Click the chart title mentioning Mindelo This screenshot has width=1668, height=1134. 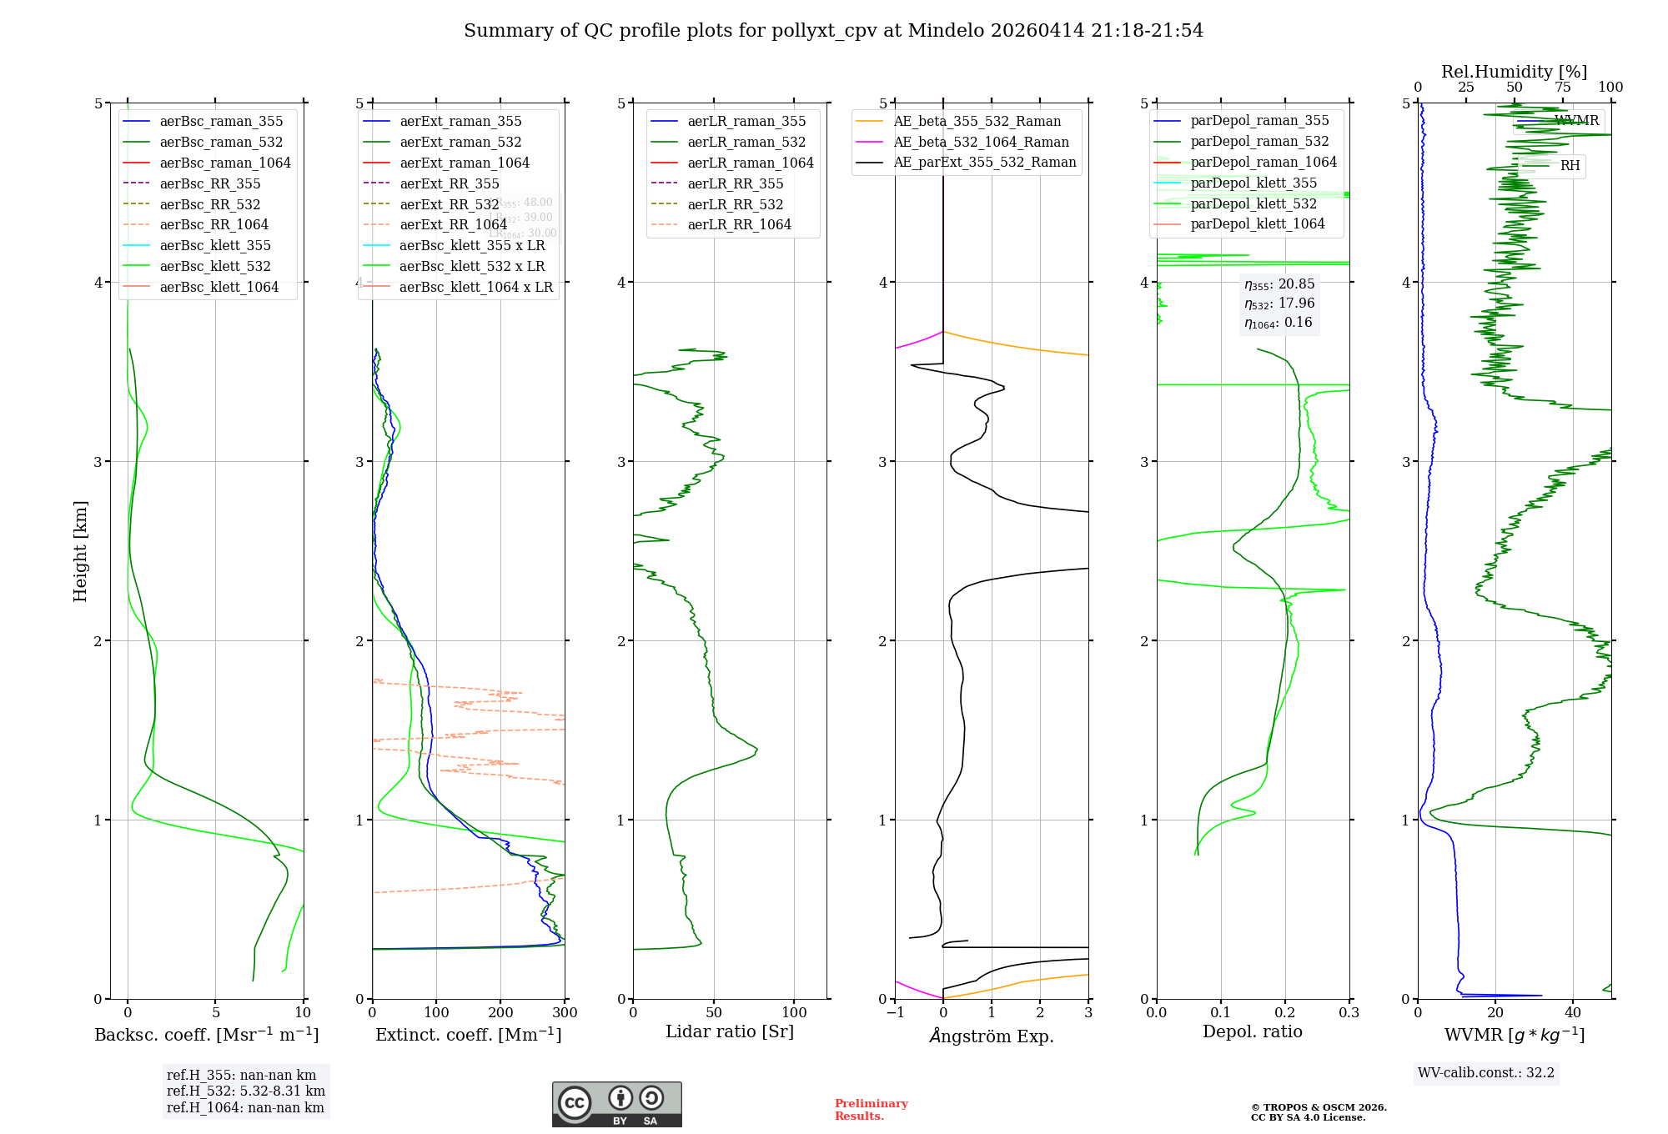pos(833,31)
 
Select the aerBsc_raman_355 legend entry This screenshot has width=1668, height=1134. pos(221,122)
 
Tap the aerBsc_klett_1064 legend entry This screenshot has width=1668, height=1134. pos(219,288)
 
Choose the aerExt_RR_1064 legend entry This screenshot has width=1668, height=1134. pos(453,225)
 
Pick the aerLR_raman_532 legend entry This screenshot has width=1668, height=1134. pos(746,143)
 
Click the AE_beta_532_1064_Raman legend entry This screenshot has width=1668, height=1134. pos(981,143)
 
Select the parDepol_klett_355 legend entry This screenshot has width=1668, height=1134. pos(1254,183)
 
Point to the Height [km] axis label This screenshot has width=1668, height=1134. pos(80,551)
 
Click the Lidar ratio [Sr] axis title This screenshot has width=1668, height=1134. pos(730,1032)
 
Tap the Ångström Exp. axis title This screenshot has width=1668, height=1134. pos(992,1036)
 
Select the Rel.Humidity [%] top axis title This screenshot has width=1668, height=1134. pos(1514,72)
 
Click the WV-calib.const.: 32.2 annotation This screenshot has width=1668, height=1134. pos(1486,1073)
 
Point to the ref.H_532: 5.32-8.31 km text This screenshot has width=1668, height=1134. pos(246,1091)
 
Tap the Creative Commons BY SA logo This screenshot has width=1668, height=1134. pos(616,1105)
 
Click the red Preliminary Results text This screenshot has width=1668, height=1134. pos(871,1110)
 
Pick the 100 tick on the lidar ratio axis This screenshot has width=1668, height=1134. pos(794,1013)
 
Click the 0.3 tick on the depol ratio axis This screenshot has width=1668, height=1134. pos(1349,1013)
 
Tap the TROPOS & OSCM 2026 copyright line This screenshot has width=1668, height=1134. pos(1319,1108)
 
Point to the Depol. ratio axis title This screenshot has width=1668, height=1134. pos(1252,1032)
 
